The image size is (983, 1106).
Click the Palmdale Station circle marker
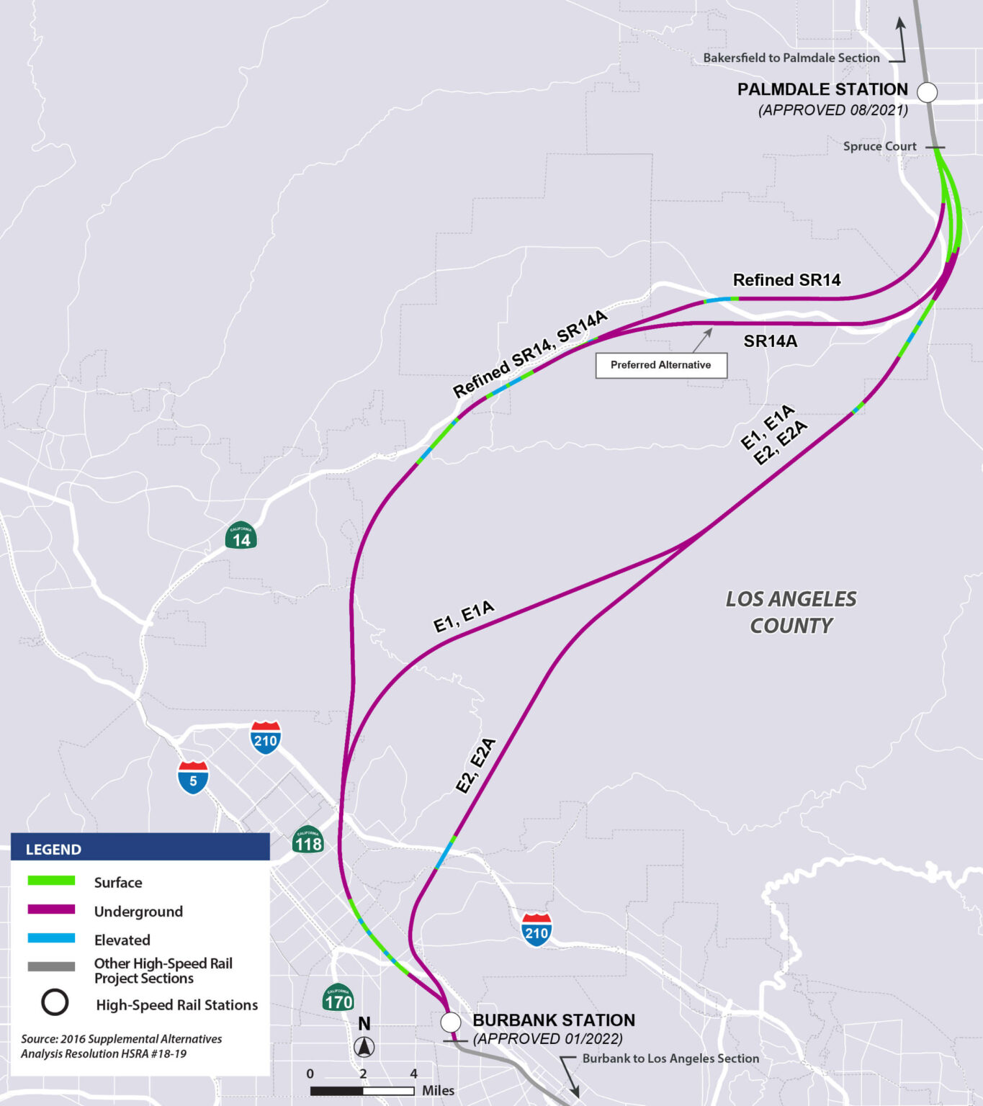(928, 92)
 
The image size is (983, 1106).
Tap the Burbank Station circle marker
(451, 1022)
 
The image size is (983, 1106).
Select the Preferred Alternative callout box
(661, 365)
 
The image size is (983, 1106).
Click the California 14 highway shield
(241, 536)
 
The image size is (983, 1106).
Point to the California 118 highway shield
(308, 840)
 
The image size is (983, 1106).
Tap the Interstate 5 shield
(193, 778)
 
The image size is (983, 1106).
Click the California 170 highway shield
(338, 998)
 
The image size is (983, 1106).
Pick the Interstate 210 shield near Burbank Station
(537, 930)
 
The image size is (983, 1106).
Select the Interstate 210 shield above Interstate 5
(266, 737)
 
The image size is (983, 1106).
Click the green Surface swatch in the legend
(51, 881)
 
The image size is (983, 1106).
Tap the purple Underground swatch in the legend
(51, 910)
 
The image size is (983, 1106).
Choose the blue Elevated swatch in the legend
(51, 939)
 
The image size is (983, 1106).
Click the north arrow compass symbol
(364, 1046)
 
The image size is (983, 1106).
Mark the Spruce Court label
(879, 146)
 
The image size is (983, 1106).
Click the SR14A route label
(770, 341)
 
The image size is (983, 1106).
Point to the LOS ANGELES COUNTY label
(791, 612)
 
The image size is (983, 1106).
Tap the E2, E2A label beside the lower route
(477, 765)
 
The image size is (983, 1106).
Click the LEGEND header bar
(140, 848)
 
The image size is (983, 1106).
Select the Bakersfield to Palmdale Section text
(791, 58)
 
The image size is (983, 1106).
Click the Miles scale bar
(362, 1091)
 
